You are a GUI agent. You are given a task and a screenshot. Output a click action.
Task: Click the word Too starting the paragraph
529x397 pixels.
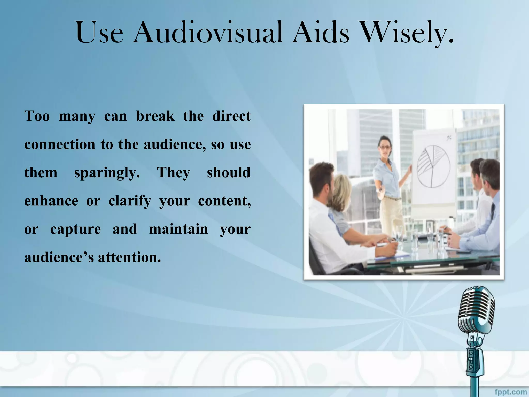[37, 116]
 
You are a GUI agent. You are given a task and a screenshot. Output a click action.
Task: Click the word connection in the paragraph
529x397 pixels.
[60, 144]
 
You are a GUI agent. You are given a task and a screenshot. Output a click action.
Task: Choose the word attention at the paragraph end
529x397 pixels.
[129, 257]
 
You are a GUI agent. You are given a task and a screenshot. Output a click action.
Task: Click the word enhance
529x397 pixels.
[51, 201]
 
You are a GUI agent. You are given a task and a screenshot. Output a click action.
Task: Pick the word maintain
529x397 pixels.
[178, 229]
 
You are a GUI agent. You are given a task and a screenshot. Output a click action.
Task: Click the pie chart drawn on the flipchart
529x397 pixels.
[433, 166]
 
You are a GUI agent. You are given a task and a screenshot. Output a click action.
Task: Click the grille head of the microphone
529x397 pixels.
[477, 310]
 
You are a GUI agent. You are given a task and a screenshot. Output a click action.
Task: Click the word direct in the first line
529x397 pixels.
[231, 116]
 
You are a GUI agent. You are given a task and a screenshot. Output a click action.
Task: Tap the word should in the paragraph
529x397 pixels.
[229, 173]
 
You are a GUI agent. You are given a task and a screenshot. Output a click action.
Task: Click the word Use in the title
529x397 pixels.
[99, 33]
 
